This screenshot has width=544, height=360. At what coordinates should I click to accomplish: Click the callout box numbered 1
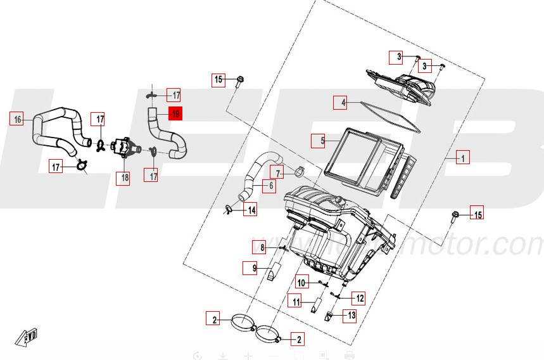462,157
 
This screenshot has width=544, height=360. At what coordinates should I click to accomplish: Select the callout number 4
341,101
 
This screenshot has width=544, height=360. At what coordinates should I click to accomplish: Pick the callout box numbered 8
260,247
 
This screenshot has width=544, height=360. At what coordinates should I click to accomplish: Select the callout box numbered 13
349,314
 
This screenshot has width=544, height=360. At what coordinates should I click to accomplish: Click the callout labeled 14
250,210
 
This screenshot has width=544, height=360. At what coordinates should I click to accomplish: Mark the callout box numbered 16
17,119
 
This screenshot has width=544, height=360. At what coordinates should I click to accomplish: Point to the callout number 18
124,177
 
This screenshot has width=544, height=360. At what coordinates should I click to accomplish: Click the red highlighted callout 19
174,114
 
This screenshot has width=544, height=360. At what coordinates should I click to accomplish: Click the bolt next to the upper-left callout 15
241,81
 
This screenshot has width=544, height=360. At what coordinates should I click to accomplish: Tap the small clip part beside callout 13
329,314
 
